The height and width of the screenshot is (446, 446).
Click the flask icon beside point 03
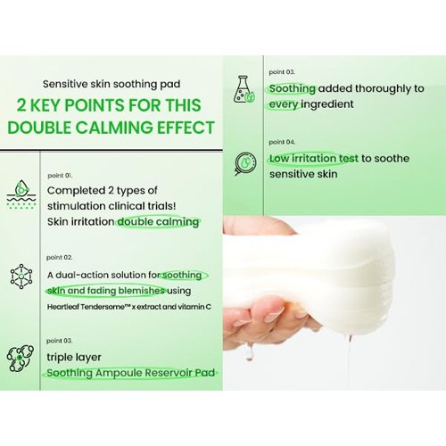coord(244,89)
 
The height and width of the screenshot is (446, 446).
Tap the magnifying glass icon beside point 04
coord(245,163)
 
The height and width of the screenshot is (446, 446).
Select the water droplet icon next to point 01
coord(21,194)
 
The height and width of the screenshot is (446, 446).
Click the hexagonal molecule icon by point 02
coord(21,276)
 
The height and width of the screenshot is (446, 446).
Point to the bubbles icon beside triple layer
coord(21,358)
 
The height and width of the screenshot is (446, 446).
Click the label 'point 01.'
coord(60,176)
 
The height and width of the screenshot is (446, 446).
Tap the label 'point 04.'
coord(282,142)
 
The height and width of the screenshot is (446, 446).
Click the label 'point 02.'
coord(59,258)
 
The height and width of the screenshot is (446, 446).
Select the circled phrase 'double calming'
coord(158,222)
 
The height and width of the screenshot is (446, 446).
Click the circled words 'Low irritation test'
coord(313,159)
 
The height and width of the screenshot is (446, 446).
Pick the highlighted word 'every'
coord(284,104)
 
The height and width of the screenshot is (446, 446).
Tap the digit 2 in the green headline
coord(21,105)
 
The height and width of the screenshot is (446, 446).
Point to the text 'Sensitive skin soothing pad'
coord(111,84)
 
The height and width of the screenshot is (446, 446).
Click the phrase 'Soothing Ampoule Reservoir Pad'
coord(131,373)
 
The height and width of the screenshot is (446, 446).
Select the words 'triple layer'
coord(74,358)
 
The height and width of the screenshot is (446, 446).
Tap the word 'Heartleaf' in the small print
coord(62,307)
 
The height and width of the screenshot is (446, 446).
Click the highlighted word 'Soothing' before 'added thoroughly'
coord(293,88)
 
